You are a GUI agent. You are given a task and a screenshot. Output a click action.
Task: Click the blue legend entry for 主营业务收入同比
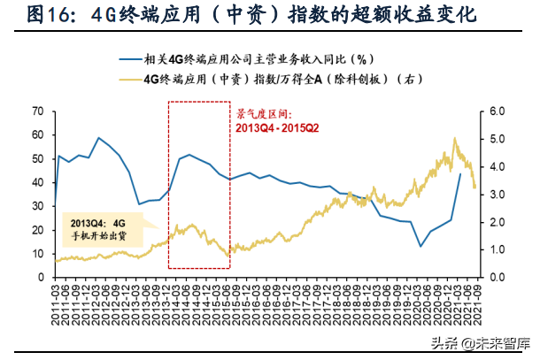click(266, 60)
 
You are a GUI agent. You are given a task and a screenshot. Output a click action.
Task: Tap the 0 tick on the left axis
click(41, 278)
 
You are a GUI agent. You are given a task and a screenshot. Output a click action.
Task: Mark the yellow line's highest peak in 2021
click(455, 138)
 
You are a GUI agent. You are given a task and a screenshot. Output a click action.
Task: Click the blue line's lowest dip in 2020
click(420, 246)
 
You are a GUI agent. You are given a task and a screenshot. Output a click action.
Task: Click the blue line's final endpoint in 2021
click(460, 173)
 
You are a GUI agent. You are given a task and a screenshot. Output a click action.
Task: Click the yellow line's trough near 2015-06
click(228, 256)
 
